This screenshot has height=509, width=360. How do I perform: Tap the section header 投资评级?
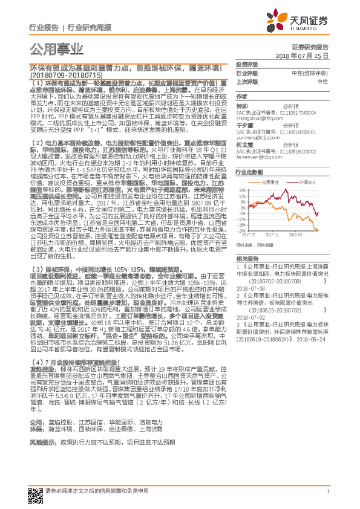[x=247, y=65]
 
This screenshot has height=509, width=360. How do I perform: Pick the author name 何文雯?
[x=243, y=145]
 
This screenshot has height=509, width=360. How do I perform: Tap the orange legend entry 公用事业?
[x=269, y=181]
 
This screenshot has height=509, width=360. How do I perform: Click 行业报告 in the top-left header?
[x=44, y=27]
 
